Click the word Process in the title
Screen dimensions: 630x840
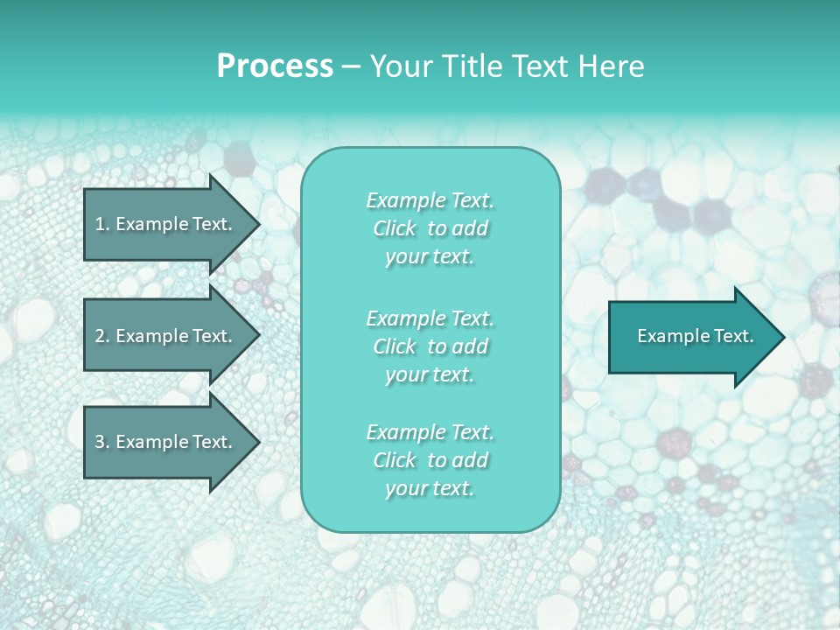click(x=275, y=66)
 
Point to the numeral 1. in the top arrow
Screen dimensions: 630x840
click(x=101, y=224)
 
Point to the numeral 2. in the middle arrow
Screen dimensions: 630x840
click(x=101, y=336)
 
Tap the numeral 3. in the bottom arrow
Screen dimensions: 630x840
click(x=101, y=442)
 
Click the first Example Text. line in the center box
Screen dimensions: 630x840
click(x=430, y=201)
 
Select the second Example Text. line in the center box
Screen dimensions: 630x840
click(x=430, y=318)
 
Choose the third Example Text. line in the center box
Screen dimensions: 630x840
click(x=430, y=432)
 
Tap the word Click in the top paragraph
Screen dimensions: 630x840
click(x=395, y=229)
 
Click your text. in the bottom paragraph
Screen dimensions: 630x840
click(x=430, y=488)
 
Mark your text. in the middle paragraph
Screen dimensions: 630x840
click(x=430, y=374)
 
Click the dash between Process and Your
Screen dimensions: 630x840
click(x=351, y=66)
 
